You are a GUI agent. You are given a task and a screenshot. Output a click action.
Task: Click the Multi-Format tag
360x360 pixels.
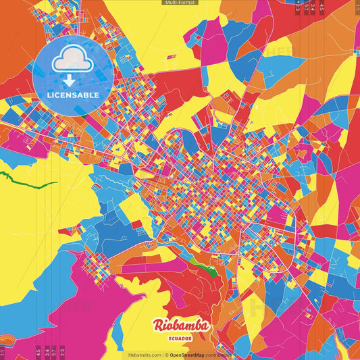coord(180,3)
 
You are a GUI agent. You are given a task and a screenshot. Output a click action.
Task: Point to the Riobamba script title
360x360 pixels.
coord(181,326)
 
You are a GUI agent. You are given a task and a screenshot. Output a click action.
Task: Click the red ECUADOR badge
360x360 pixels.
coord(181,338)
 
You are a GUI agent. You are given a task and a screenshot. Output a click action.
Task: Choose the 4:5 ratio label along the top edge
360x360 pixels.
coord(322,8)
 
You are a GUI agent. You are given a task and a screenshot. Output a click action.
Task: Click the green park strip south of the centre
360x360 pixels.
coord(203,265)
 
